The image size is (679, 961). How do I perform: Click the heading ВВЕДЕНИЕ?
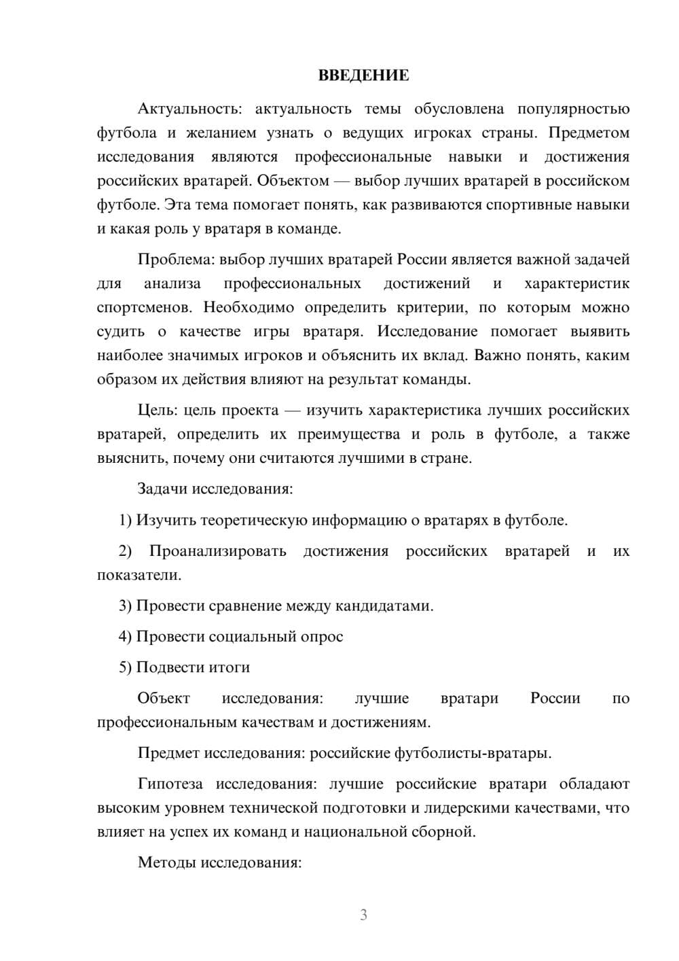click(363, 75)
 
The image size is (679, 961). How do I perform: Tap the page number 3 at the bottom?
click(363, 915)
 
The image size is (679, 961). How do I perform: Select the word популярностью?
click(573, 109)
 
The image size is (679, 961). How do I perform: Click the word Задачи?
click(163, 489)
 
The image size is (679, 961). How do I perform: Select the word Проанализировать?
click(217, 551)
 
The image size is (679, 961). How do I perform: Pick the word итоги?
click(229, 667)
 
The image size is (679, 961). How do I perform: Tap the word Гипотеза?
click(170, 784)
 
